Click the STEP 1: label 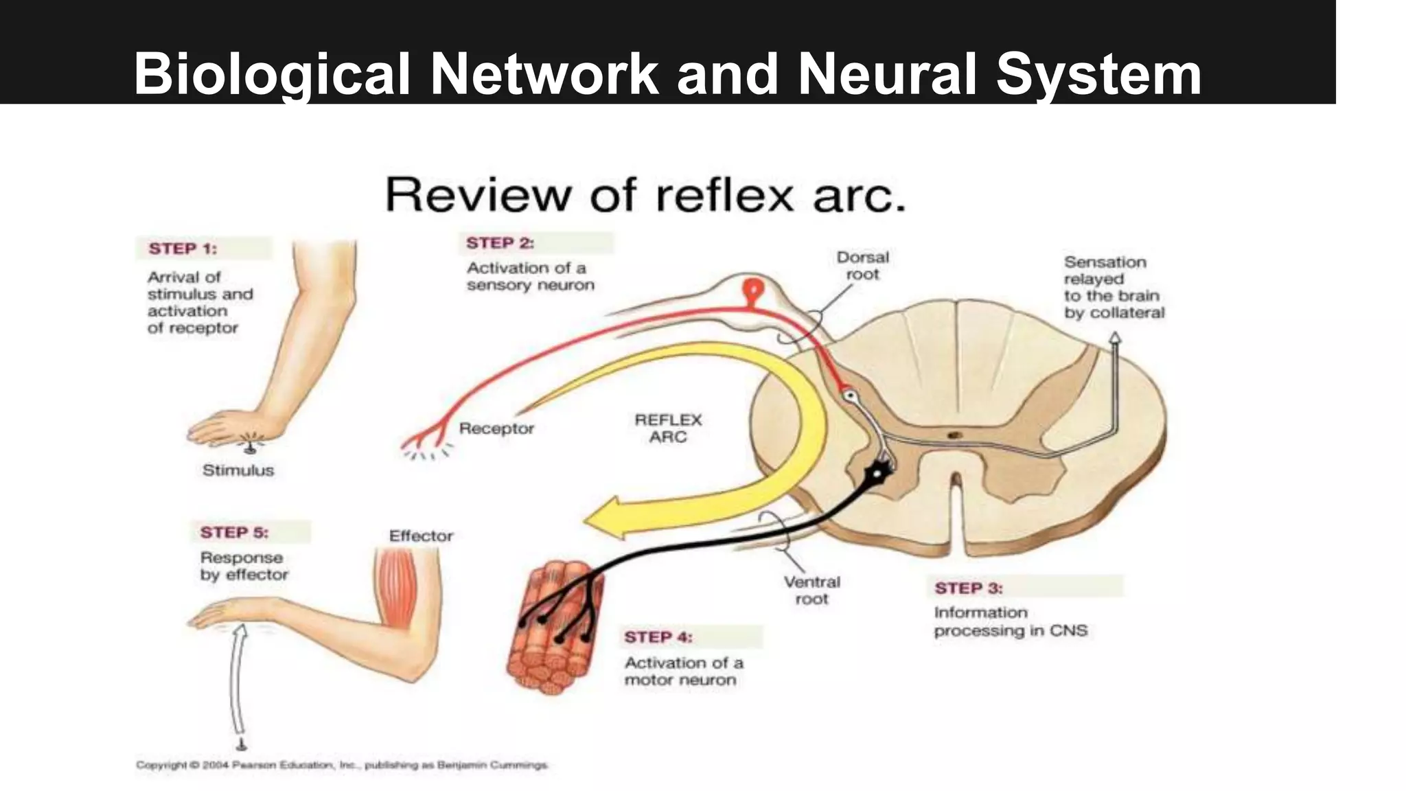click(183, 249)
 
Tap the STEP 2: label click(500, 243)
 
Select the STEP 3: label click(968, 588)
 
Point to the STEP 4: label click(658, 637)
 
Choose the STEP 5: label click(234, 532)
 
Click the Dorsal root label click(862, 266)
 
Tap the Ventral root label click(811, 591)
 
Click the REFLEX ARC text click(668, 428)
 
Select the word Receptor click(496, 428)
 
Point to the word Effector click(421, 536)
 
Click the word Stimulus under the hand click(238, 470)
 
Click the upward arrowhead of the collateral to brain click(1116, 338)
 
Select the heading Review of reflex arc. click(645, 195)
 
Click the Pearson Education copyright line click(342, 765)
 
